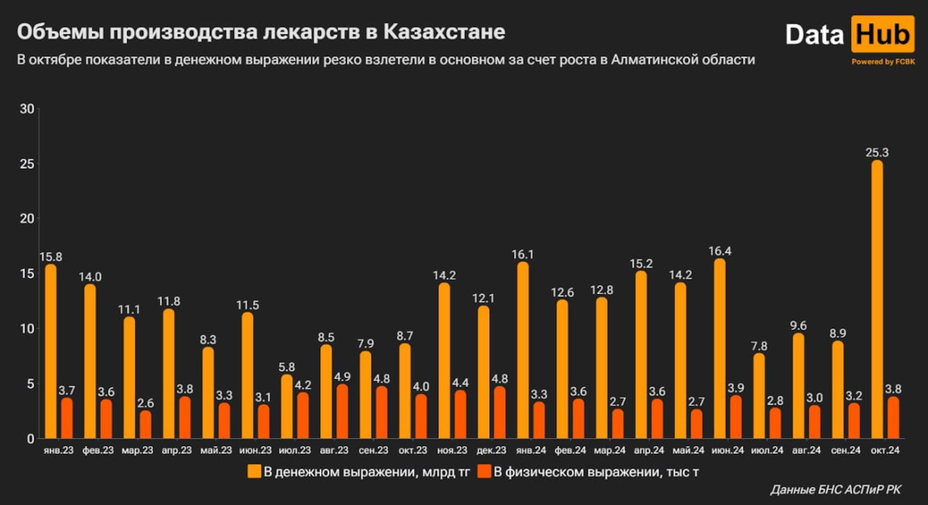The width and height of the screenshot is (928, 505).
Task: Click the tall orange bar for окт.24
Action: pos(877,300)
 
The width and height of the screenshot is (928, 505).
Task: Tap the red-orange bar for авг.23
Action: pos(342,412)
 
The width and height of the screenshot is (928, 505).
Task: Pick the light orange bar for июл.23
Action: pos(287,407)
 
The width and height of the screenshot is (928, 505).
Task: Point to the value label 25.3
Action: pos(877,152)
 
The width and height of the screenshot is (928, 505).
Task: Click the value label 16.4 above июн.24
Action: pos(720,251)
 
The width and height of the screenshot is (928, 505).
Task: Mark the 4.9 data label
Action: pos(342,376)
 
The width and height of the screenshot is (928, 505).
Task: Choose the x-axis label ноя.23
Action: pos(452,450)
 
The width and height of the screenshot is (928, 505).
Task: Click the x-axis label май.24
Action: pos(688,450)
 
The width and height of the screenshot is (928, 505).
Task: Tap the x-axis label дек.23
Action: pos(491,450)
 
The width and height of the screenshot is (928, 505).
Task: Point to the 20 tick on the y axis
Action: pos(27,219)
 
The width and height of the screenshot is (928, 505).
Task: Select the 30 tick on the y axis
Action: pos(27,109)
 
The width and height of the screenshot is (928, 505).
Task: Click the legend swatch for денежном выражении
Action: pos(254,472)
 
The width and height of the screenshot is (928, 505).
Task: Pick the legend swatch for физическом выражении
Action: pos(484,472)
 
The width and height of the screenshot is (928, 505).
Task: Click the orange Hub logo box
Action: pos(883,34)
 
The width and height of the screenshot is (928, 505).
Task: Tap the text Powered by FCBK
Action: pos(883,61)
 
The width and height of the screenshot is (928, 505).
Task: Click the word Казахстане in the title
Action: pos(444,32)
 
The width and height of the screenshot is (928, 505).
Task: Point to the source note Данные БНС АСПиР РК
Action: pos(836,490)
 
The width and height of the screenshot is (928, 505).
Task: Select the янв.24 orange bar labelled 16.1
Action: pos(522,351)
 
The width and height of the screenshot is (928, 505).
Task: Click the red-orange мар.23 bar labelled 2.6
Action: pos(145,424)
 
